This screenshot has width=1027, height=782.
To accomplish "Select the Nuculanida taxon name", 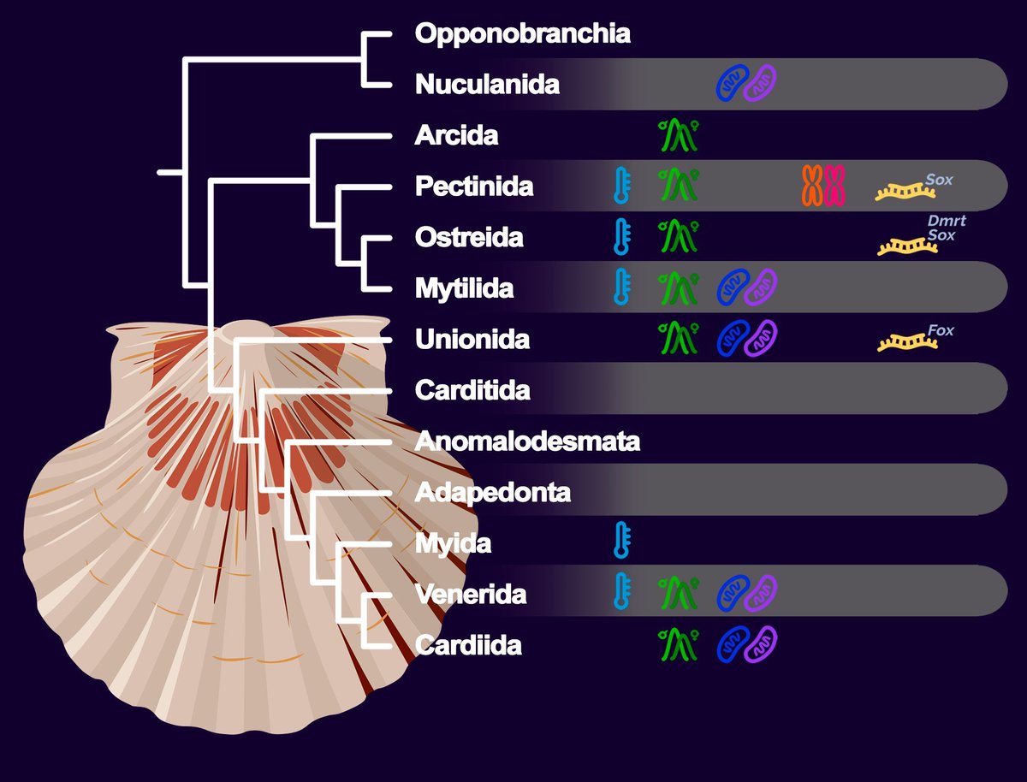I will click(487, 85).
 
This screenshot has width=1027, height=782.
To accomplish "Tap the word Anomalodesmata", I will click(527, 441).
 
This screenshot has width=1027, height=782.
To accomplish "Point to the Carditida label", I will click(472, 390).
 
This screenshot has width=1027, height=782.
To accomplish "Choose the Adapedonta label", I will click(492, 492).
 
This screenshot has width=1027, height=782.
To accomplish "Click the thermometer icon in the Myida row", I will click(622, 542).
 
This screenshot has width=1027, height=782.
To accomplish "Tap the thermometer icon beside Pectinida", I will click(622, 186).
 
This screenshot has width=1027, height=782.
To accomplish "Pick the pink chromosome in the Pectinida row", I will click(834, 186).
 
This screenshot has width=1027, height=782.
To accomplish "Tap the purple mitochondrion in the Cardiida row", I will click(760, 643).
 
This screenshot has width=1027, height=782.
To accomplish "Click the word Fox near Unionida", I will click(940, 330).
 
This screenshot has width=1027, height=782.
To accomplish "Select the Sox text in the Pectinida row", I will click(939, 181).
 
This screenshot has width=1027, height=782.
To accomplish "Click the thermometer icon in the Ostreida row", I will click(622, 237).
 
